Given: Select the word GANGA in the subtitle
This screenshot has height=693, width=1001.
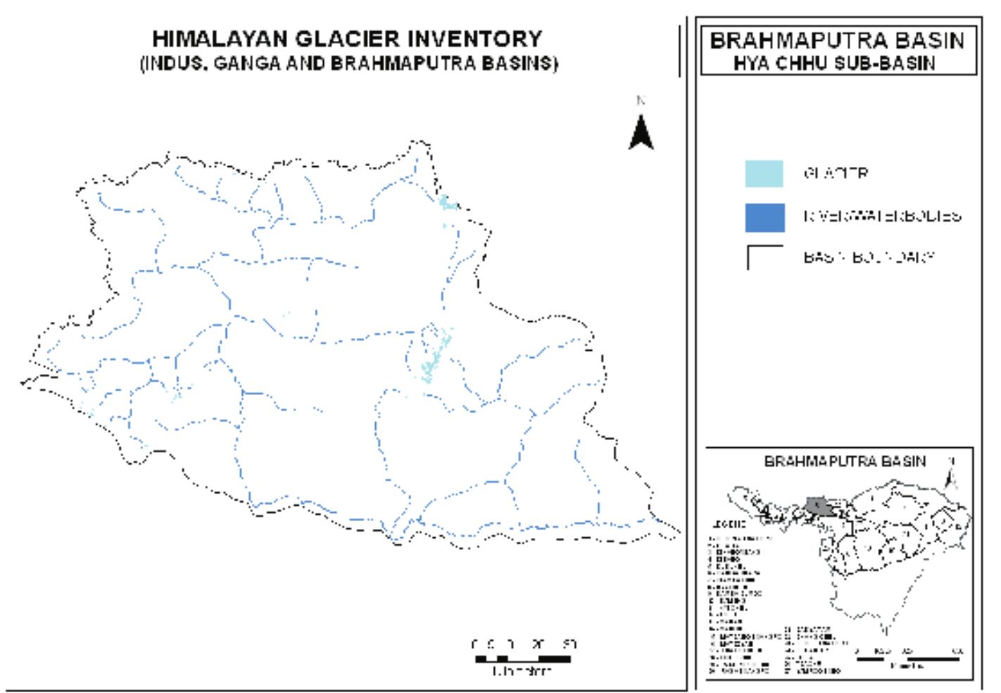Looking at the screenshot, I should pyautogui.click(x=246, y=63).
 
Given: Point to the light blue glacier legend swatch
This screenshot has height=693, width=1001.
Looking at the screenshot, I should pyautogui.click(x=764, y=173).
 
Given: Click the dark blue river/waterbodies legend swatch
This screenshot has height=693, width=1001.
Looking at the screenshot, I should pyautogui.click(x=764, y=217).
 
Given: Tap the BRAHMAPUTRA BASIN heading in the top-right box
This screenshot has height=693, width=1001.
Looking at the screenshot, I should pyautogui.click(x=837, y=40).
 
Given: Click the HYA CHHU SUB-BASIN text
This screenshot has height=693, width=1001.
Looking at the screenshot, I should pyautogui.click(x=835, y=63).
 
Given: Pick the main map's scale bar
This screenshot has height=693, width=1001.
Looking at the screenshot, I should pyautogui.click(x=522, y=659).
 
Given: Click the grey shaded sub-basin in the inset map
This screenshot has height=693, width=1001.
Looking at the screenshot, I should pyautogui.click(x=819, y=506).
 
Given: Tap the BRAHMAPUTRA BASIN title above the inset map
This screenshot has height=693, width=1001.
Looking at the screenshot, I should pyautogui.click(x=845, y=462).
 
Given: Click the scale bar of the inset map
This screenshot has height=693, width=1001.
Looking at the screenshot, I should pyautogui.click(x=908, y=659).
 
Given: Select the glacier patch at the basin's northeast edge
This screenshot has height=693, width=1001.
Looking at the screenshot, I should pyautogui.click(x=446, y=204).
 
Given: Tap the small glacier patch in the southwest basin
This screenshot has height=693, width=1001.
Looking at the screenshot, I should pyautogui.click(x=177, y=395).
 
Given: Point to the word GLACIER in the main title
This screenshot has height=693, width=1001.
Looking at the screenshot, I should pyautogui.click(x=344, y=39).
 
